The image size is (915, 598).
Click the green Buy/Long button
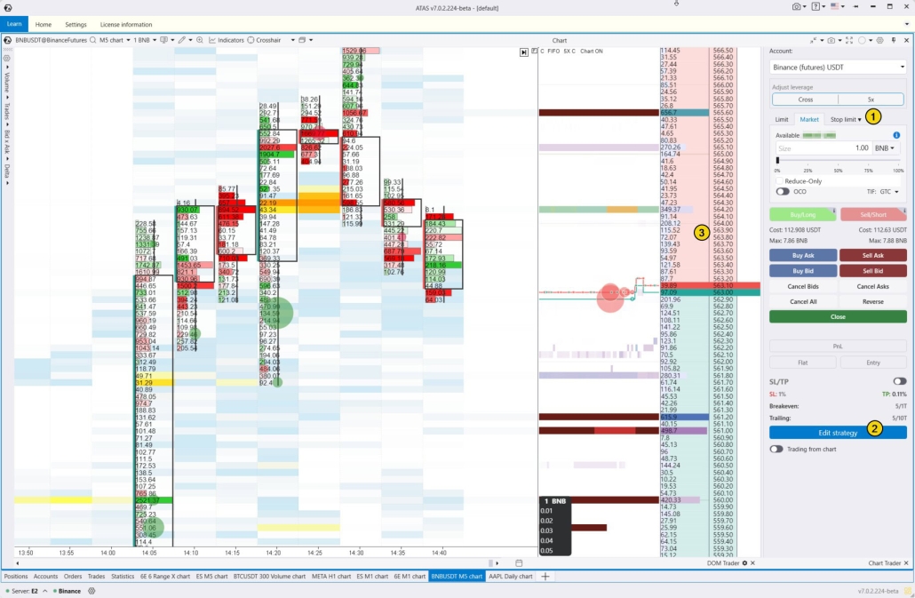point(803,214)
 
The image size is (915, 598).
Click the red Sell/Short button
point(872,214)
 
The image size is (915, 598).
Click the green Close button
point(838,316)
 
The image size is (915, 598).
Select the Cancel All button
point(803,301)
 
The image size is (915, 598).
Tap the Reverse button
point(872,301)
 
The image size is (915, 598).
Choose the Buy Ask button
point(803,255)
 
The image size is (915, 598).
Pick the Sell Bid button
point(872,270)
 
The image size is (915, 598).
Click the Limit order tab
point(782,119)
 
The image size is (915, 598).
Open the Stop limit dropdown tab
point(846,119)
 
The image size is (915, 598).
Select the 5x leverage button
point(871,100)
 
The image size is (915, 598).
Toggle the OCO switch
point(783,191)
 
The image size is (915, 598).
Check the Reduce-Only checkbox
point(779,180)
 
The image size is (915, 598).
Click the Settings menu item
point(76,25)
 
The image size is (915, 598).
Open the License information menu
point(126,25)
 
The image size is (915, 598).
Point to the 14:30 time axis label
point(356,553)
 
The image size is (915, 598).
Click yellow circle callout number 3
point(702,234)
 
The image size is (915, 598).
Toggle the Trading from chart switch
point(776,449)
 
